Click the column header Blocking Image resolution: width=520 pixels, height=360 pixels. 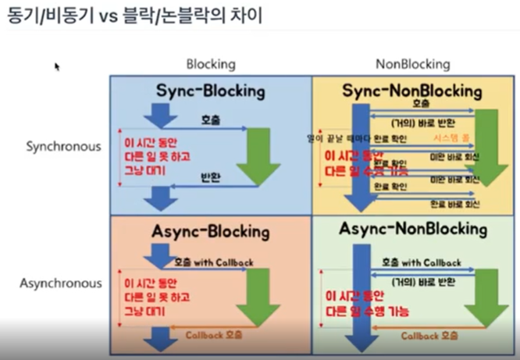pyautogui.click(x=210, y=64)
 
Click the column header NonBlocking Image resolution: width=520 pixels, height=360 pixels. pyautogui.click(x=412, y=64)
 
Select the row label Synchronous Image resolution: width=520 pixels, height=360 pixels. pyautogui.click(x=63, y=146)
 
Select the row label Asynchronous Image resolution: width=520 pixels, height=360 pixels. pyautogui.click(x=62, y=283)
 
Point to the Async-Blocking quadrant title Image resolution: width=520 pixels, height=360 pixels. pyautogui.click(x=210, y=232)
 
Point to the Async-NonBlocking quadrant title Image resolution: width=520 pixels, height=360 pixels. pyautogui.click(x=413, y=230)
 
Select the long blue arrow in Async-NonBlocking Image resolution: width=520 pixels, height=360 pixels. pyautogui.click(x=361, y=297)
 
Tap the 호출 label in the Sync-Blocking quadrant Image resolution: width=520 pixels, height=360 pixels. pyautogui.click(x=211, y=121)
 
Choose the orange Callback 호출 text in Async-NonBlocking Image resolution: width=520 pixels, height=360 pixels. pyautogui.click(x=429, y=335)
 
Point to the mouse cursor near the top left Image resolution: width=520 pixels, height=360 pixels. pyautogui.click(x=57, y=66)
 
